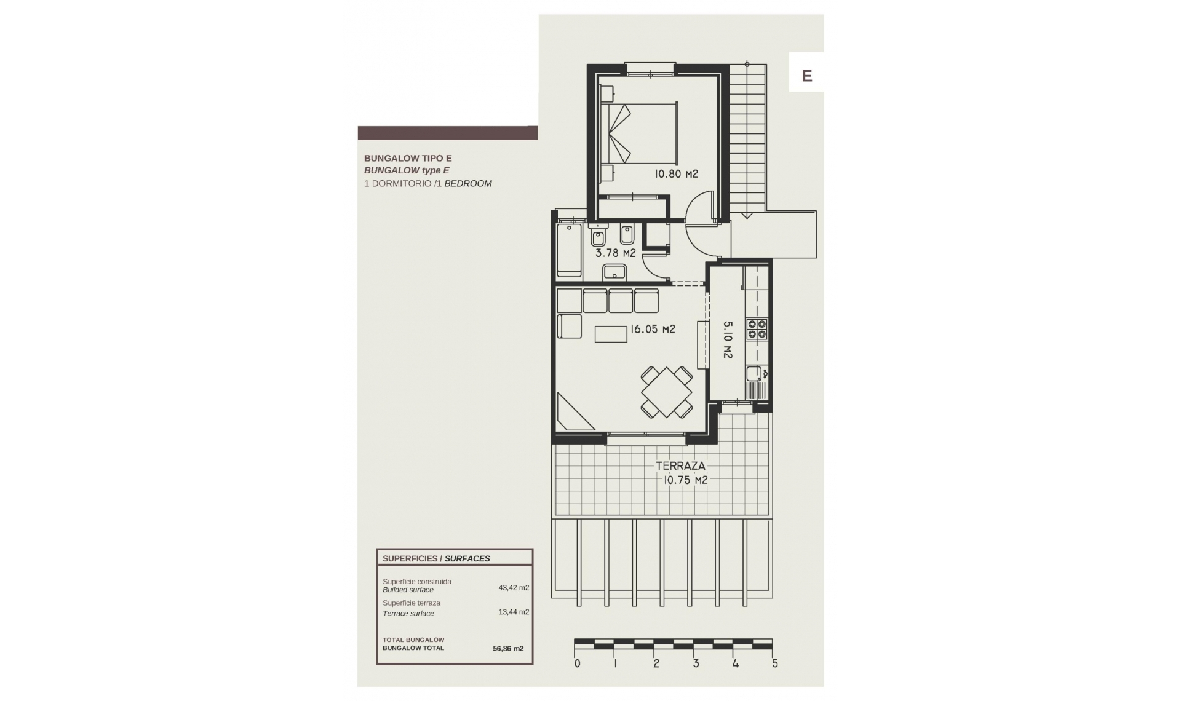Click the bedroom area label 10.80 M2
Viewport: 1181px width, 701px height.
pyautogui.click(x=676, y=174)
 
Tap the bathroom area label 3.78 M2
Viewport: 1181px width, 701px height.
pyautogui.click(x=615, y=253)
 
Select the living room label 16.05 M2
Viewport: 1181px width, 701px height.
pyautogui.click(x=652, y=330)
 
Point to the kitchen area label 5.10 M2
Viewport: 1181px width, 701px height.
pyautogui.click(x=727, y=339)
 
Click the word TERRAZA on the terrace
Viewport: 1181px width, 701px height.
pyautogui.click(x=680, y=466)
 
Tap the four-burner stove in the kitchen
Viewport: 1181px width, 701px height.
pyautogui.click(x=757, y=329)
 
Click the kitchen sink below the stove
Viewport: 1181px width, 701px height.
pyautogui.click(x=754, y=373)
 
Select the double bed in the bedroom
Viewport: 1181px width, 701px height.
pyautogui.click(x=640, y=133)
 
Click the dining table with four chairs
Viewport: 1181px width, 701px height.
pyautogui.click(x=666, y=392)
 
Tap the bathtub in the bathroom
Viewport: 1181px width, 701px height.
pyautogui.click(x=569, y=251)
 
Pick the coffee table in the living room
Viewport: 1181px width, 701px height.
pyautogui.click(x=611, y=334)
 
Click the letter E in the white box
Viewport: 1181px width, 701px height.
pyautogui.click(x=807, y=76)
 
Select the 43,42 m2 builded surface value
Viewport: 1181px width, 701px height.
pyautogui.click(x=514, y=587)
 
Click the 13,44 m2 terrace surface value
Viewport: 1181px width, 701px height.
pyautogui.click(x=514, y=612)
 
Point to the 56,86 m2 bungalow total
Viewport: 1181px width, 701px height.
pyautogui.click(x=508, y=648)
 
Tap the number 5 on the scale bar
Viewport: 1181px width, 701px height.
pyautogui.click(x=775, y=663)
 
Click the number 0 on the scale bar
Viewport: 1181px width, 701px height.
pyautogui.click(x=577, y=663)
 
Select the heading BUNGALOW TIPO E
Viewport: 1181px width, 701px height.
pyautogui.click(x=408, y=158)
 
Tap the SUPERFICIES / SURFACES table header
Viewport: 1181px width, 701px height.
pyautogui.click(x=436, y=558)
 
